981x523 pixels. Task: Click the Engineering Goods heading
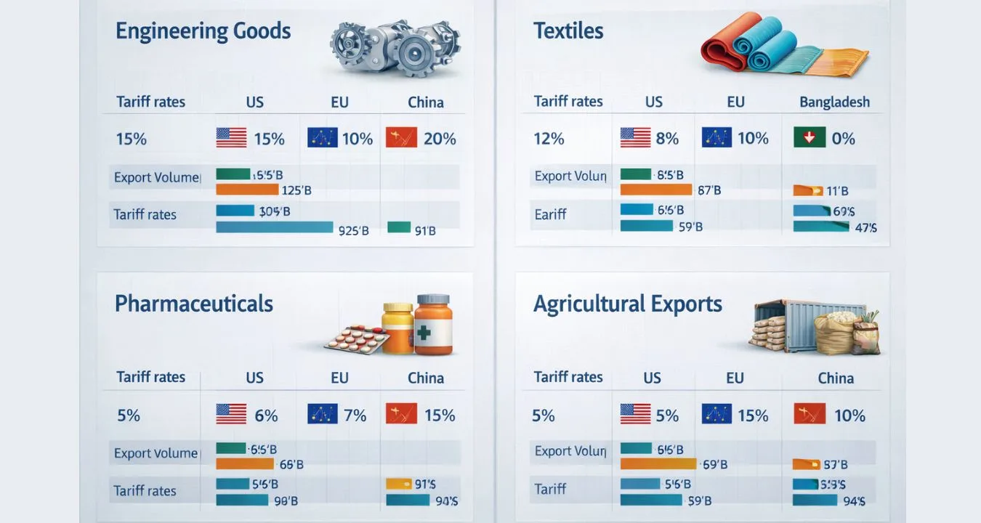[x=203, y=31]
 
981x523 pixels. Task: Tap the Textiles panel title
[x=568, y=31]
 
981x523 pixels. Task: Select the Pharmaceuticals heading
[x=194, y=303]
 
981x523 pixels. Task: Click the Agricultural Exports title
[x=628, y=304]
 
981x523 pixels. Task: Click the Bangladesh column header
[x=834, y=102]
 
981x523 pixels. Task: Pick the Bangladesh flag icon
[x=810, y=138]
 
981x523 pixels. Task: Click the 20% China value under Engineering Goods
[x=440, y=138]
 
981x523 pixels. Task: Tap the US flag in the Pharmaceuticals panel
[x=231, y=414]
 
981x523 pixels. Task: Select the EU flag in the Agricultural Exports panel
[x=716, y=414]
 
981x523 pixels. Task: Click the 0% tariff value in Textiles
[x=843, y=138]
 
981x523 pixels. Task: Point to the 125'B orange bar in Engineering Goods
[x=247, y=190]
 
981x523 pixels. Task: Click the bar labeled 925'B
[x=275, y=227]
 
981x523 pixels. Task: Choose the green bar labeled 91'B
[x=399, y=227]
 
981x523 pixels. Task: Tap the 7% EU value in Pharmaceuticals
[x=355, y=415]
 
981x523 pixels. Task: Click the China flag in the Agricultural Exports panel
[x=809, y=414]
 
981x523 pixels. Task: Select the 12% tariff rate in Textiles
[x=549, y=138]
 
